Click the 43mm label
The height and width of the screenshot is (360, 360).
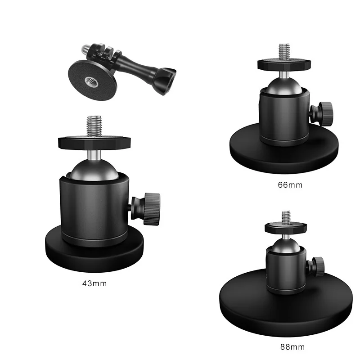(x=94, y=283)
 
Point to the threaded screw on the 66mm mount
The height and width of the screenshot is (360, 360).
(x=284, y=50)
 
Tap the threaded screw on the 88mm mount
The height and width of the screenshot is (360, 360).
(x=285, y=216)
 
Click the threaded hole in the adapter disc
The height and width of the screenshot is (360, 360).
(x=90, y=81)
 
